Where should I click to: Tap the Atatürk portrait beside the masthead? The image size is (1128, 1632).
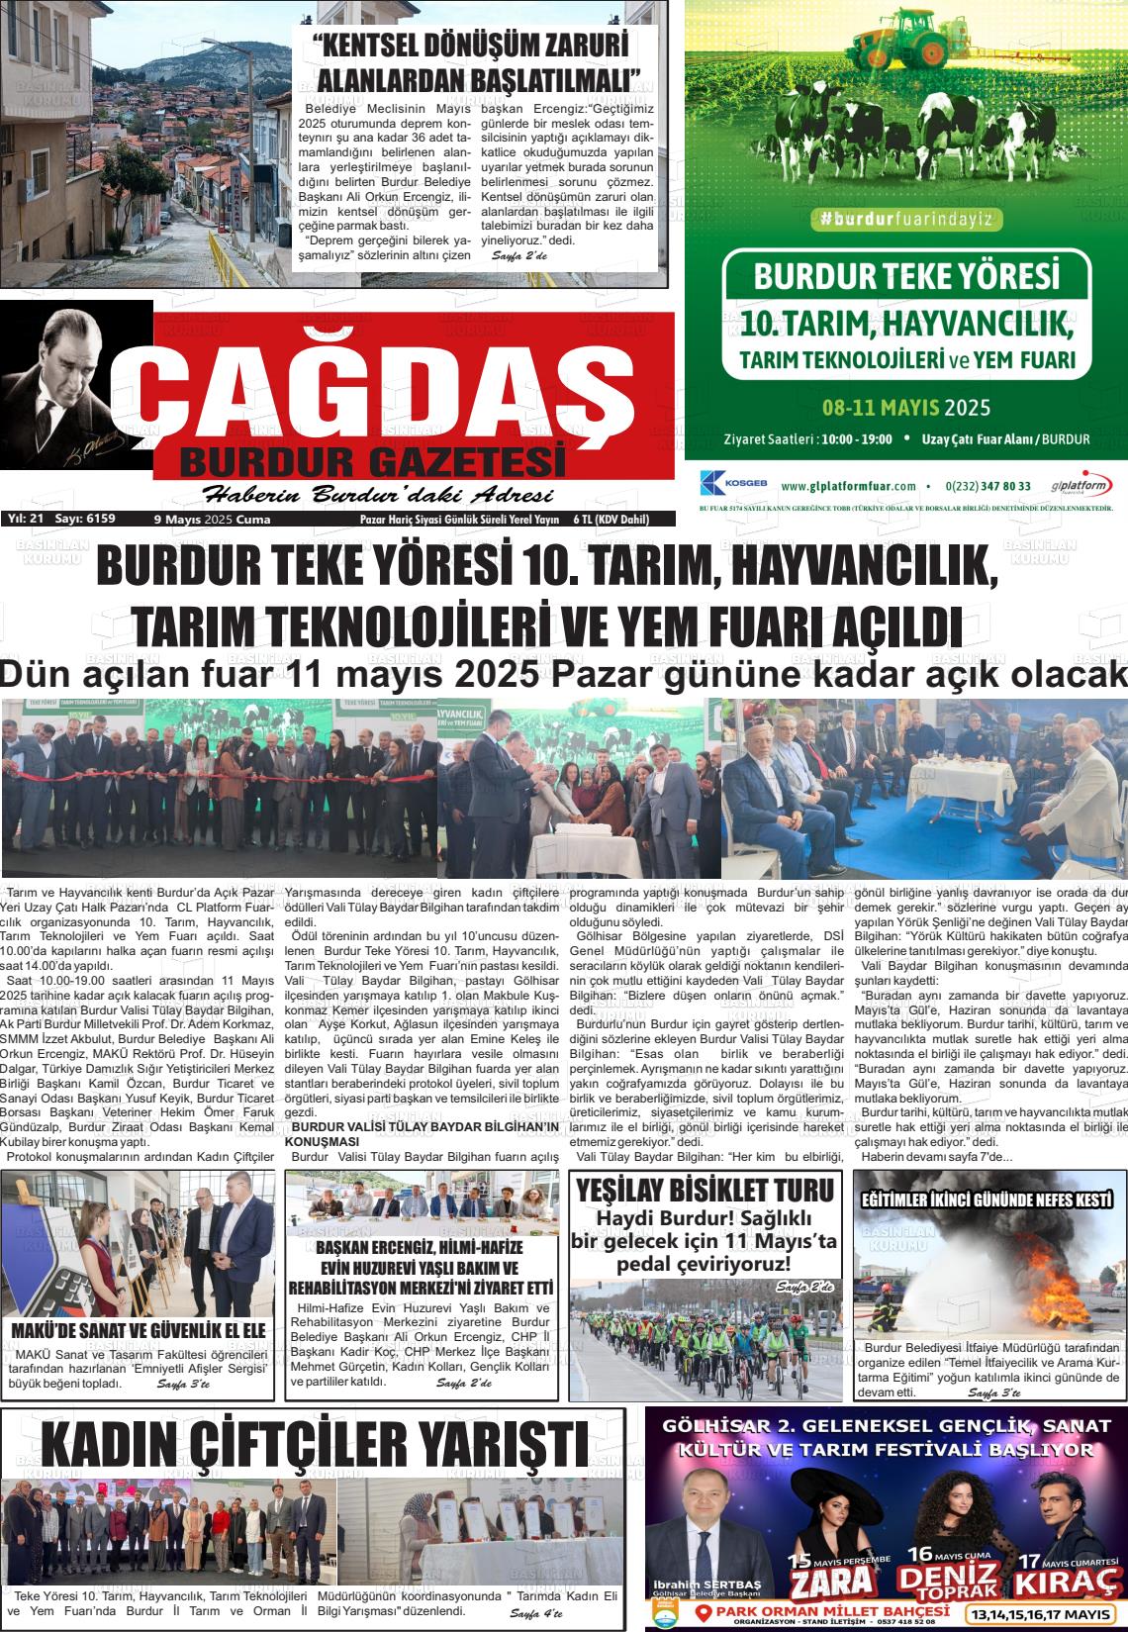click(x=69, y=396)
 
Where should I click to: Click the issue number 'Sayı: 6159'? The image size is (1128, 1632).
click(x=85, y=519)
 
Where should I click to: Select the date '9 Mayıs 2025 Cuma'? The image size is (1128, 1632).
click(x=212, y=519)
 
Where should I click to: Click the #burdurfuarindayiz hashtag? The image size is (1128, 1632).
click(x=904, y=221)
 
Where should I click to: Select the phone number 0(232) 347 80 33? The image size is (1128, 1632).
click(x=987, y=486)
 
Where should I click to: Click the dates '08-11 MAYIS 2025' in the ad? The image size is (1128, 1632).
click(x=905, y=407)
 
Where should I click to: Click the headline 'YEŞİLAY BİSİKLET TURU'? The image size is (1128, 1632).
click(x=705, y=1190)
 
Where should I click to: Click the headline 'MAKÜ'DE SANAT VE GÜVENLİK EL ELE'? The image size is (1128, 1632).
click(x=139, y=1330)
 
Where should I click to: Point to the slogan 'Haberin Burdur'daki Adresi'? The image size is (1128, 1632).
click(x=377, y=496)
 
